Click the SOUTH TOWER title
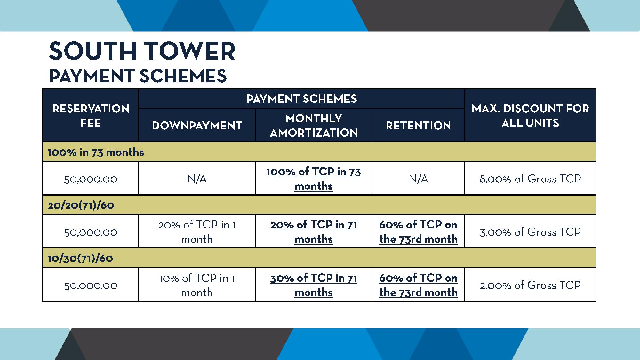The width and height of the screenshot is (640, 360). click(x=142, y=51)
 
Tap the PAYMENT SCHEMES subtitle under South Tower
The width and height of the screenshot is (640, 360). click(x=138, y=76)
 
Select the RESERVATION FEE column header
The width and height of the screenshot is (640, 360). click(x=91, y=116)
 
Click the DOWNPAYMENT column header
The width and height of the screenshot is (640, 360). click(x=197, y=125)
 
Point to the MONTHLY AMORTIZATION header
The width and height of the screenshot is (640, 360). click(x=314, y=125)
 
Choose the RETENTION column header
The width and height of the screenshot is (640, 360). click(x=418, y=125)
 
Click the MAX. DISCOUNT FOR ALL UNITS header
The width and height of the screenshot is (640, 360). click(x=530, y=116)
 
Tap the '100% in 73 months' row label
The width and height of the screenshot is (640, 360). click(x=96, y=152)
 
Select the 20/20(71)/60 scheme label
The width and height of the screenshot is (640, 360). click(x=81, y=205)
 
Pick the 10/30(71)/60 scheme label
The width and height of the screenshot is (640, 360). click(x=80, y=258)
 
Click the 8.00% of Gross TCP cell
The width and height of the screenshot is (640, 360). click(x=530, y=179)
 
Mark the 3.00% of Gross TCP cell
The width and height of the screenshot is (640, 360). click(x=530, y=232)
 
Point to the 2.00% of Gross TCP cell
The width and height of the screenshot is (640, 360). click(x=530, y=285)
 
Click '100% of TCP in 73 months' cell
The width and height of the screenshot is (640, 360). click(x=314, y=179)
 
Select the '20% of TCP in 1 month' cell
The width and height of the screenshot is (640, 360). click(x=197, y=232)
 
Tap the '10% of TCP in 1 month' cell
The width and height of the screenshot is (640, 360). click(x=197, y=285)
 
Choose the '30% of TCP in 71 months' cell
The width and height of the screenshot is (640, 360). click(x=314, y=285)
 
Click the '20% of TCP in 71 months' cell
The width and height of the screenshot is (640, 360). click(x=314, y=232)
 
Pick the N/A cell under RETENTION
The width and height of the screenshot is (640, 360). click(x=418, y=179)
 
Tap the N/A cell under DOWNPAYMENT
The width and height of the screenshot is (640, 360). click(x=197, y=179)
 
